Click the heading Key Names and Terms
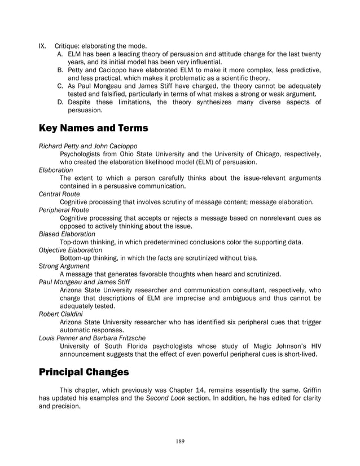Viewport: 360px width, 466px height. coord(93,129)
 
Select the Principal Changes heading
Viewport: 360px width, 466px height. coord(85,372)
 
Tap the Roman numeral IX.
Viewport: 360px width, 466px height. coord(42,45)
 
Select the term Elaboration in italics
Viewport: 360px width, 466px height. coord(55,169)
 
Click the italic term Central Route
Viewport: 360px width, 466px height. coord(58,194)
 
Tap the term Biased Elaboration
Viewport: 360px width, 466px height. coord(67,234)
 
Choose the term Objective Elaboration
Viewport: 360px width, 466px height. coord(70,249)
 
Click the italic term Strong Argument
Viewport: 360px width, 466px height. coord(64,266)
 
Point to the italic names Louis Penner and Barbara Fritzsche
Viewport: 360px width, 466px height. coord(91,337)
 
